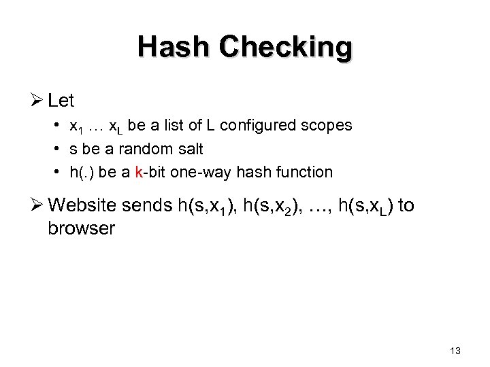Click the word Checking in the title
[x=287, y=48]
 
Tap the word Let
[x=62, y=101]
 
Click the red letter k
[x=138, y=172]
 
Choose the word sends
[x=151, y=205]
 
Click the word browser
[x=82, y=228]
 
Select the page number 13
[x=455, y=351]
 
